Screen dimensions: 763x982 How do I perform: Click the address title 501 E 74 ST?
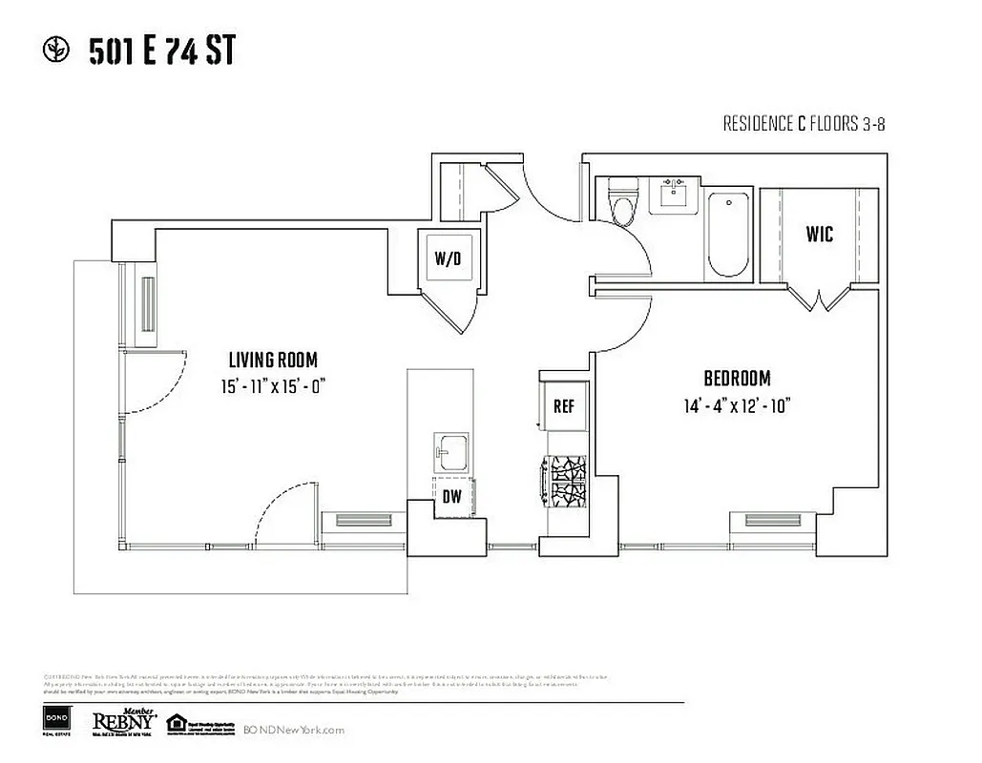[161, 52]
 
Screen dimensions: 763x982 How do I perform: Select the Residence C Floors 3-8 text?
[805, 124]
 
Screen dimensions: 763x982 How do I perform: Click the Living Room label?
[273, 360]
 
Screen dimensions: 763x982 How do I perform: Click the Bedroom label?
[737, 378]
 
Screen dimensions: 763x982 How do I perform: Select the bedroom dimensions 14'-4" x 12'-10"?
[737, 405]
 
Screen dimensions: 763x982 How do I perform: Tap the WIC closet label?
[819, 234]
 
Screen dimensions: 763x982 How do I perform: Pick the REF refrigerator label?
[564, 406]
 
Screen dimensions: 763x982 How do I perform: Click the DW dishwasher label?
[451, 496]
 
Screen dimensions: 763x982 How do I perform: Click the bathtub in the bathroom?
[730, 234]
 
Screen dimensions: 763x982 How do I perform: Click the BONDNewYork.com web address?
[293, 730]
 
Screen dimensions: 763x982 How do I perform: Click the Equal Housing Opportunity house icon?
[176, 724]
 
